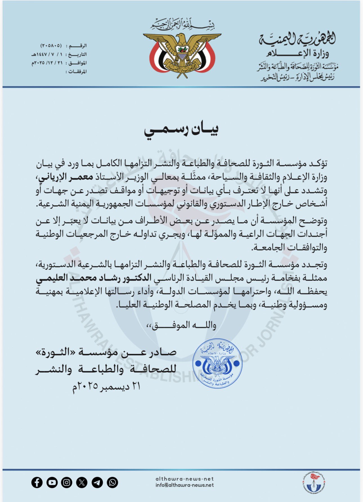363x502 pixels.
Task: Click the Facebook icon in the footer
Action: [x=37, y=483]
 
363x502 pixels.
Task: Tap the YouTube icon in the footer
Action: [x=52, y=483]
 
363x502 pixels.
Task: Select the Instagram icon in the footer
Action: [x=67, y=483]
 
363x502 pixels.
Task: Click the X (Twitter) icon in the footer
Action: [x=82, y=483]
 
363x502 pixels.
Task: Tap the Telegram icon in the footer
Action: [x=97, y=483]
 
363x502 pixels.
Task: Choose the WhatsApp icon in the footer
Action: [x=112, y=483]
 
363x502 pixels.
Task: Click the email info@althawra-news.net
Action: [x=184, y=485]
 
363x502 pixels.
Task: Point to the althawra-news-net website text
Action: [x=184, y=479]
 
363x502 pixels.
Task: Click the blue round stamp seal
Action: [x=217, y=363]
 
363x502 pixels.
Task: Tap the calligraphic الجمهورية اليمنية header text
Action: [x=297, y=39]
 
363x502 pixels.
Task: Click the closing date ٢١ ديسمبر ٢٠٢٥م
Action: [x=106, y=386]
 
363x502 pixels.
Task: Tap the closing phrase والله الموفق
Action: [x=181, y=326]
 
